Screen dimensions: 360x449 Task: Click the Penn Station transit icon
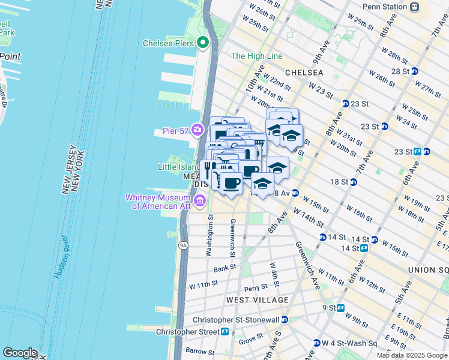(x=414, y=7)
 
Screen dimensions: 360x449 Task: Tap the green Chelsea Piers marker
(x=203, y=43)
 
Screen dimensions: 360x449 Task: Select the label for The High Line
(x=256, y=56)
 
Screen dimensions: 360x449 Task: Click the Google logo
(x=20, y=353)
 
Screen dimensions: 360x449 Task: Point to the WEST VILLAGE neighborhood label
(x=258, y=299)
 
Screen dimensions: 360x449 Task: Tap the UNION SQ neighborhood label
(x=428, y=270)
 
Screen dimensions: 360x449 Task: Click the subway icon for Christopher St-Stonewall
(x=285, y=320)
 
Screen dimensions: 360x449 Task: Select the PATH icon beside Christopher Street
(x=224, y=331)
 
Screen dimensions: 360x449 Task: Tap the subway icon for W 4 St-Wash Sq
(x=316, y=343)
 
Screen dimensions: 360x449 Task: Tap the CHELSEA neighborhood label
(x=304, y=72)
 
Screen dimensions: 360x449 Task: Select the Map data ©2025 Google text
(x=412, y=355)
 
